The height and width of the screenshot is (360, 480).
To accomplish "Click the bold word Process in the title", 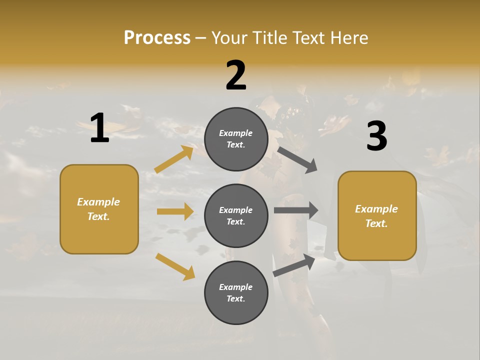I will click(157, 37).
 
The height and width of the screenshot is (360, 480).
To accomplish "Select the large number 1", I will click(99, 128).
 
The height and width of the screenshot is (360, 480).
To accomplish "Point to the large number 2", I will click(236, 75).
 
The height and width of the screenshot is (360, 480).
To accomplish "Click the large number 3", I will click(376, 136).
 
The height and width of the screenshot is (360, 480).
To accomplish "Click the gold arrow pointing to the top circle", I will click(174, 159).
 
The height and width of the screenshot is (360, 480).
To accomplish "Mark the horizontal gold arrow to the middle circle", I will click(175, 211).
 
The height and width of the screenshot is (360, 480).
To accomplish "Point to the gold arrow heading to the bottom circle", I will click(175, 266).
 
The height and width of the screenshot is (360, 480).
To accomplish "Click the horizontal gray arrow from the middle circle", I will click(296, 210).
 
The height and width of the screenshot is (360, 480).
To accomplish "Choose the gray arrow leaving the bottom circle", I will click(294, 265).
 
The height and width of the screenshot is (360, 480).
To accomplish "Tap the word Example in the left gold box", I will click(98, 202).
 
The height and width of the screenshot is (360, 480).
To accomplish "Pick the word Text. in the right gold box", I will click(376, 223).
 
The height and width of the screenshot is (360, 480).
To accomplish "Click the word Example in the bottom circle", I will click(236, 287).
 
